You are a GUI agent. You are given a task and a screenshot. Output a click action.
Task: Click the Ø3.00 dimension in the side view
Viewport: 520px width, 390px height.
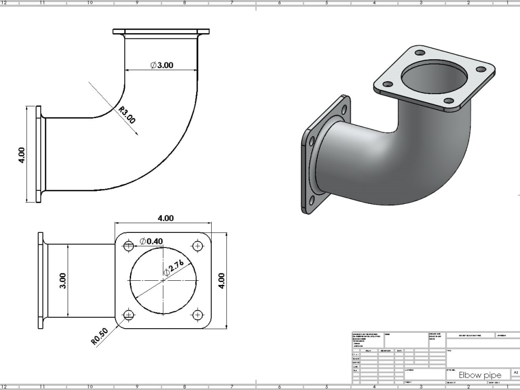pos(162,65)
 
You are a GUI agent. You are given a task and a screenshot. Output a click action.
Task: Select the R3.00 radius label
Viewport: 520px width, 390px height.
pos(126,115)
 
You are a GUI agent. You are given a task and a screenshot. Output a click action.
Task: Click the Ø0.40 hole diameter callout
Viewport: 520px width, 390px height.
pos(151,241)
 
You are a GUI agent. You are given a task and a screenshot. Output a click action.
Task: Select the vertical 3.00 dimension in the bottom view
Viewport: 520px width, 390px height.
pos(62,281)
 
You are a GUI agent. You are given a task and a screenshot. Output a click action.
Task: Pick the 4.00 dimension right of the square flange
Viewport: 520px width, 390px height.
pos(222,281)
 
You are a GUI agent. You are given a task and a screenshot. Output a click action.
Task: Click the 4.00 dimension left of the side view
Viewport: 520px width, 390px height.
pos(21,154)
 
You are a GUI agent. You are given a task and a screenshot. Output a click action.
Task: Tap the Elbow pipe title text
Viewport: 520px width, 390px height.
pos(479,375)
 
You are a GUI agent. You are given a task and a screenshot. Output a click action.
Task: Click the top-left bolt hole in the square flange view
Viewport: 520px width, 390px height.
pos(129,245)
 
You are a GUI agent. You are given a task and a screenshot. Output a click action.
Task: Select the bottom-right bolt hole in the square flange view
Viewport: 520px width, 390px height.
pos(197,315)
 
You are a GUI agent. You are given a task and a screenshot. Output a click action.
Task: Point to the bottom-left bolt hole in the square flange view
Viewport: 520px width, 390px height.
pos(129,315)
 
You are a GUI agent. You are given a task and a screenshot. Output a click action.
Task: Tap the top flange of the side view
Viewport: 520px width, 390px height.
pos(161,32)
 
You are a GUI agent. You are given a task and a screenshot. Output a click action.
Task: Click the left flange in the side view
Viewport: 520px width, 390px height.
pos(38,154)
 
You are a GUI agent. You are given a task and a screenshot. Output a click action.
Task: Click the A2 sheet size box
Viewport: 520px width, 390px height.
pos(515,373)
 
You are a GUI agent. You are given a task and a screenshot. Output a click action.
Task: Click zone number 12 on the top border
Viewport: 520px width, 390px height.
pos(5,3)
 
